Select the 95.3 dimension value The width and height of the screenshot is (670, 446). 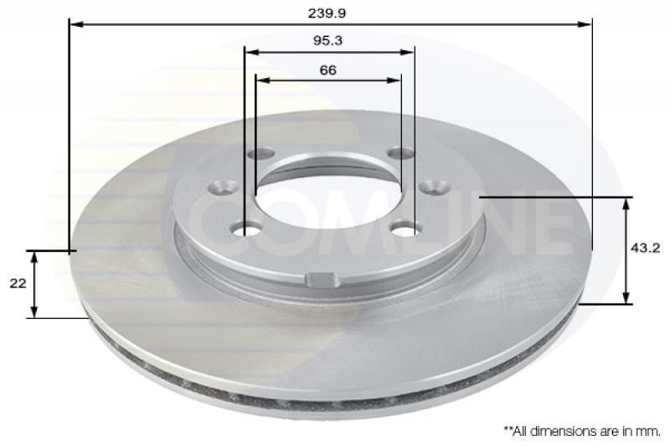(328, 39)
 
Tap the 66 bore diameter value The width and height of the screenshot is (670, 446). (327, 70)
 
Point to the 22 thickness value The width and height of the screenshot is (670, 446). (17, 284)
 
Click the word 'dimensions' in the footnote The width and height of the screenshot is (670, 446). (563, 431)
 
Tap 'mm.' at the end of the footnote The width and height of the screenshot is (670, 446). (649, 431)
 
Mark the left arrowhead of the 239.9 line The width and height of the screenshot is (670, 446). (74, 24)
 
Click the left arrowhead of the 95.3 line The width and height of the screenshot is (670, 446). (250, 52)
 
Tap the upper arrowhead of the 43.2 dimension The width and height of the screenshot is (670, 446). (627, 202)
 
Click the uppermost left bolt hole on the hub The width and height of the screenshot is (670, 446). (262, 153)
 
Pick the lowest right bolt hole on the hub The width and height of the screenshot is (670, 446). (406, 228)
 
